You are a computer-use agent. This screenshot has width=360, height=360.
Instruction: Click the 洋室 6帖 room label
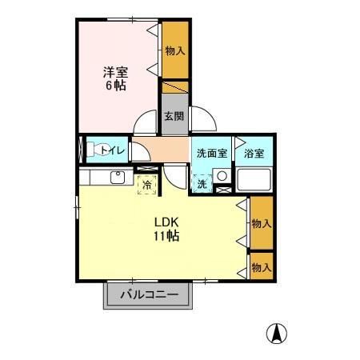tap(115, 78)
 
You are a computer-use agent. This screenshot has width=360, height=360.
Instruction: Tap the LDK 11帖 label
tap(166, 230)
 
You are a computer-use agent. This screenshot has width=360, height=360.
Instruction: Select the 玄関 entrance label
tap(174, 116)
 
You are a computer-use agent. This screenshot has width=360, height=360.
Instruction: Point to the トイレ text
tap(113, 150)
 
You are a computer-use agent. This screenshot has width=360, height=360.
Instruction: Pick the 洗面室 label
tap(212, 154)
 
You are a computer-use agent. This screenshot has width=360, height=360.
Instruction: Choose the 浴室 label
tap(254, 154)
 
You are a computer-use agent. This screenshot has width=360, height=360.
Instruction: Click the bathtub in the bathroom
tap(254, 180)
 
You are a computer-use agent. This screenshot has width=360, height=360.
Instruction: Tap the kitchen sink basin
tap(118, 178)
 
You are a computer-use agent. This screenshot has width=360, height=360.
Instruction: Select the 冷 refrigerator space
tap(147, 185)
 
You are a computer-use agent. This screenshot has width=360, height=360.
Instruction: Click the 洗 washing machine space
tap(202, 183)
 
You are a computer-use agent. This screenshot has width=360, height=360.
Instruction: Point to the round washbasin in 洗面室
tap(222, 176)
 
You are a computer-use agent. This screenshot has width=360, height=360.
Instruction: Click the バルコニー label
tap(150, 294)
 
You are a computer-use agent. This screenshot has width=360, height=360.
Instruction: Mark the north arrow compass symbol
tap(277, 334)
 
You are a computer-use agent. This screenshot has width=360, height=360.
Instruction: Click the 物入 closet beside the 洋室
tap(175, 50)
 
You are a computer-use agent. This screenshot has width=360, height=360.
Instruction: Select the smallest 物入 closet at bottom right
tap(262, 266)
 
